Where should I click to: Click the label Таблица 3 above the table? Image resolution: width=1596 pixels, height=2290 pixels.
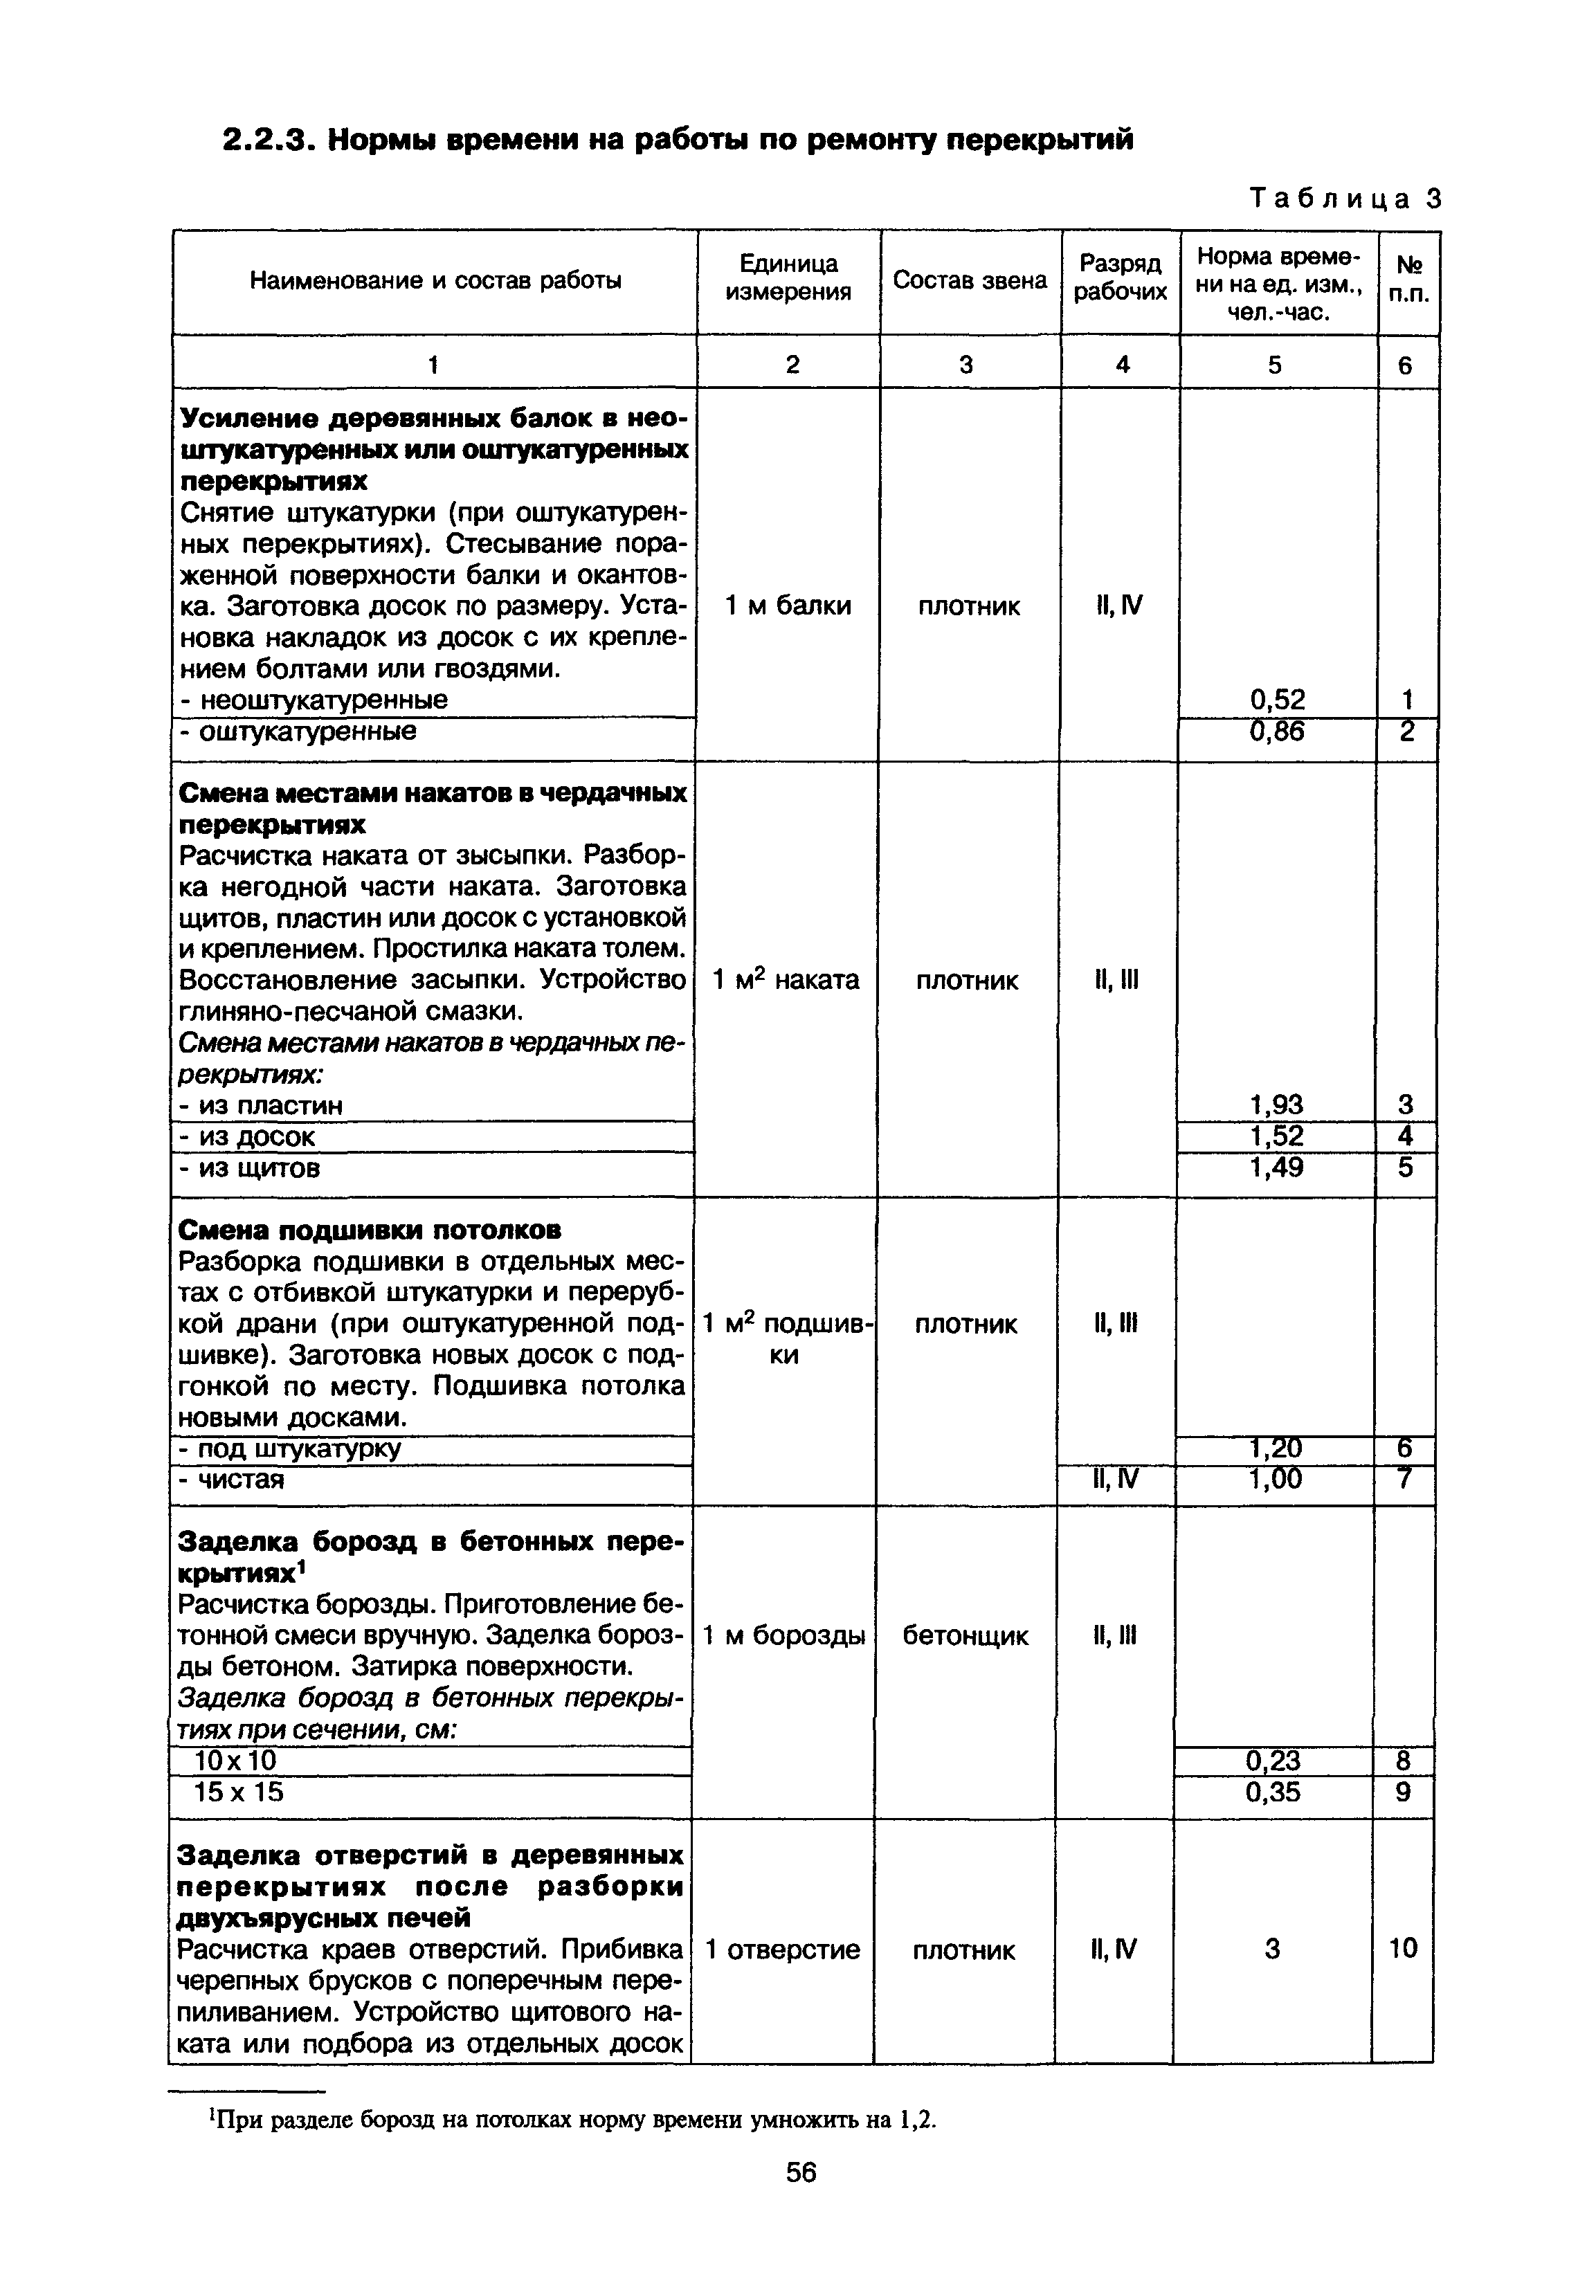[1345, 199]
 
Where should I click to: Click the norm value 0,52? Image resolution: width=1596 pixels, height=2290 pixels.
[1277, 699]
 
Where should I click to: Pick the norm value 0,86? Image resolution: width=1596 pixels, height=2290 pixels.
[1277, 732]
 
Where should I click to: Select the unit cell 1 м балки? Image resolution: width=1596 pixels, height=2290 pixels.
[788, 606]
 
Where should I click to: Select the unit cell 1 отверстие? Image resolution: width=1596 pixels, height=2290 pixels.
[782, 1949]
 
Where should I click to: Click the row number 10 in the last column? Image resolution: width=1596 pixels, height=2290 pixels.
[1402, 1948]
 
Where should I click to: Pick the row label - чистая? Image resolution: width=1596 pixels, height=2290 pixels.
[231, 1479]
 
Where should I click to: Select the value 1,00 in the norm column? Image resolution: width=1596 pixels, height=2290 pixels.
[1275, 1479]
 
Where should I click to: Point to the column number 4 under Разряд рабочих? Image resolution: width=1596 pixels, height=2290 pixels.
[1122, 365]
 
